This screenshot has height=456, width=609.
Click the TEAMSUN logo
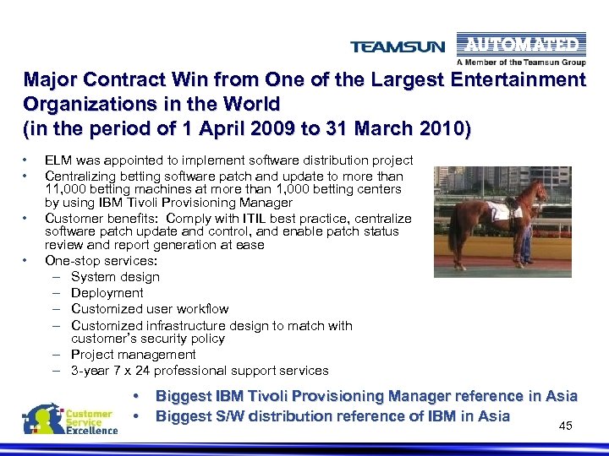[397, 47]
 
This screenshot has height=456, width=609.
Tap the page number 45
[566, 426]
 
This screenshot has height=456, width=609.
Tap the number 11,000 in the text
[64, 189]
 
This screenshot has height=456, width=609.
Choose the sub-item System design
[115, 276]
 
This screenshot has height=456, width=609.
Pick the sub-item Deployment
[107, 292]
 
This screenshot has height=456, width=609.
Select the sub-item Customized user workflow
[150, 308]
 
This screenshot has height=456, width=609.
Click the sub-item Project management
[134, 354]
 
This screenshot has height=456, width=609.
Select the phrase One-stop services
[101, 261]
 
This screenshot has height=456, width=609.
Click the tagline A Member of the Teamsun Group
[521, 62]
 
